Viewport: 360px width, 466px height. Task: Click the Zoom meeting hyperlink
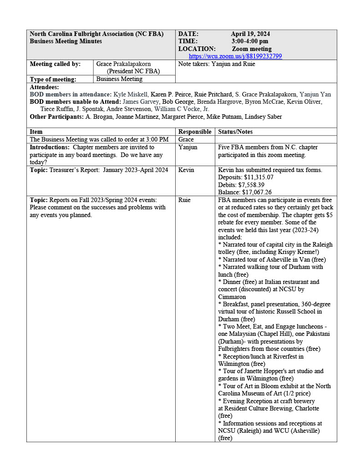pyautogui.click(x=235, y=56)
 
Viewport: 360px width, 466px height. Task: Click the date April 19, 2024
pyautogui.click(x=250, y=34)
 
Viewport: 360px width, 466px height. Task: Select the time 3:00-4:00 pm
pyautogui.click(x=249, y=41)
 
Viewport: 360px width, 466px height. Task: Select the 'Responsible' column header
pyautogui.click(x=195, y=132)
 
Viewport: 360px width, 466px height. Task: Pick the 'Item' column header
pyautogui.click(x=36, y=132)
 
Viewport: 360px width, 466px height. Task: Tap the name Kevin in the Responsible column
pyautogui.click(x=186, y=170)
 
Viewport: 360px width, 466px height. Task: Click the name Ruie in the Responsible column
pyautogui.click(x=184, y=200)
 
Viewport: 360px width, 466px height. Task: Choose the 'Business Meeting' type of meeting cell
pyautogui.click(x=119, y=79)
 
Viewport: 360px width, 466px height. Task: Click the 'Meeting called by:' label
pyautogui.click(x=55, y=64)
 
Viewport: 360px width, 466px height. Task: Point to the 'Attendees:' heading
pyautogui.click(x=44, y=87)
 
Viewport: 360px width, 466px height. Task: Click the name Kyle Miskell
pyautogui.click(x=131, y=95)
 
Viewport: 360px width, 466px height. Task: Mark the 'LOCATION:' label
pyautogui.click(x=197, y=49)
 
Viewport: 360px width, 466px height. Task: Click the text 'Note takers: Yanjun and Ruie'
pyautogui.click(x=217, y=64)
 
